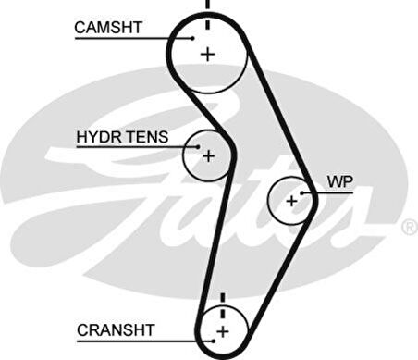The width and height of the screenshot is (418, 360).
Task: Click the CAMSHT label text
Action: [108, 28]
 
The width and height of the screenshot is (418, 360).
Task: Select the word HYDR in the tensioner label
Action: [94, 137]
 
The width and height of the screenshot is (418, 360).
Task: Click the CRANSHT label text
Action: [116, 329]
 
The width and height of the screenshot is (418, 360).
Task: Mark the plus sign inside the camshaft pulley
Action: [207, 54]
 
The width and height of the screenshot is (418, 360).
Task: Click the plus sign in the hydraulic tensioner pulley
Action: [208, 155]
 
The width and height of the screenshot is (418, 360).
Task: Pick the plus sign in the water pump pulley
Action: [292, 200]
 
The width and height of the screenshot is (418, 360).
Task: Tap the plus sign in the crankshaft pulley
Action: [222, 329]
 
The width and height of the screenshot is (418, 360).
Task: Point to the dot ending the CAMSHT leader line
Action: [194, 37]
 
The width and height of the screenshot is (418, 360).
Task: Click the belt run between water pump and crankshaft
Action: [277, 268]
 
